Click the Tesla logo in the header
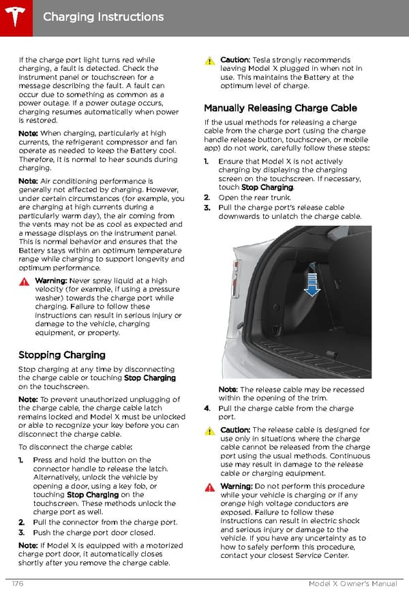tap(15, 15)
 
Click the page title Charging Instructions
tap(103, 16)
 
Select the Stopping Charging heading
tap(62, 355)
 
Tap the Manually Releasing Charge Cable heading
tap(280, 108)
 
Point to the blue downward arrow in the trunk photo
tap(312, 283)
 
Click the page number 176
tap(18, 584)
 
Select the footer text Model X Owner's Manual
tap(354, 584)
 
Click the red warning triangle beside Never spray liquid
tap(24, 281)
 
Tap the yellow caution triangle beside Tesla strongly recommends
tap(210, 61)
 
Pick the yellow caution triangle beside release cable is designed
tap(210, 431)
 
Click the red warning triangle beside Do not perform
tap(210, 486)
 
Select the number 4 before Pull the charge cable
tap(207, 408)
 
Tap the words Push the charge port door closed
tap(94, 533)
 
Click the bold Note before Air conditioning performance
tap(29, 181)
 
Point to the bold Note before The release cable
tap(228, 390)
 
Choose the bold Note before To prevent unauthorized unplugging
tap(29, 399)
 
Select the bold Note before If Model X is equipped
tap(29, 545)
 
